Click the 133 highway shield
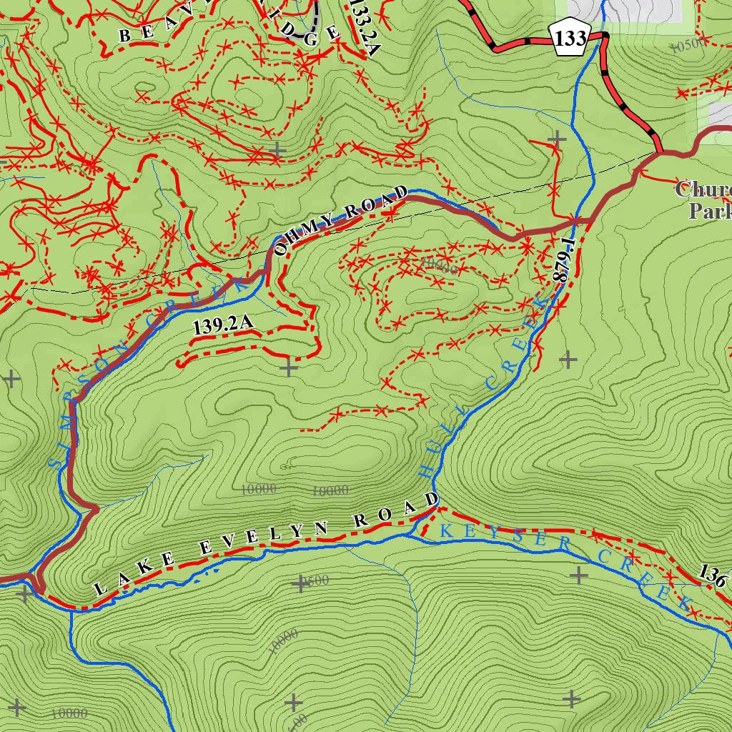tap(570, 39)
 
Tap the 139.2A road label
tap(223, 327)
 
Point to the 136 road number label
tap(713, 574)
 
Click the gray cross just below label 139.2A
tap(288, 368)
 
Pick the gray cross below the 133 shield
tap(557, 138)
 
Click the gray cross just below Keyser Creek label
tap(578, 574)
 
